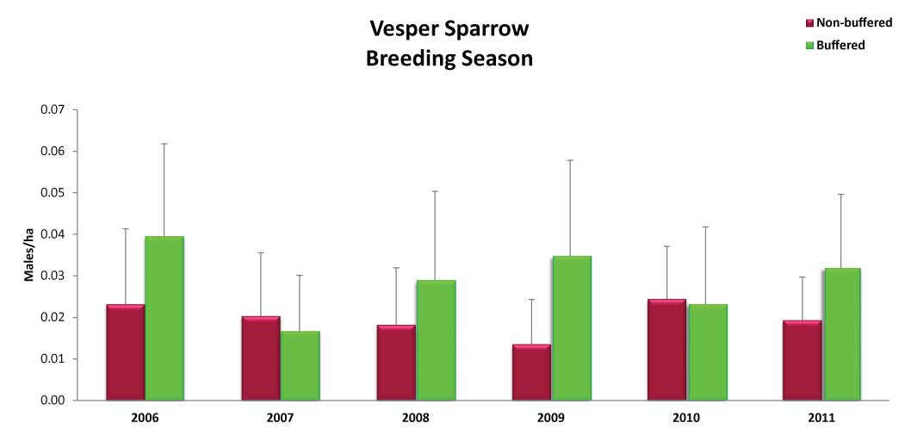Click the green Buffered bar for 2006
coord(164,318)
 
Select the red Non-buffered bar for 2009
coord(531,372)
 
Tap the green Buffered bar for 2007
coord(301,365)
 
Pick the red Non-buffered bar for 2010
coord(666,350)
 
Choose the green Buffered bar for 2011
coord(841,333)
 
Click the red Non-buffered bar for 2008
coord(396,363)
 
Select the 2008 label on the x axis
coord(416,418)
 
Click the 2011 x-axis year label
coord(821,418)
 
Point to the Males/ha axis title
coord(28,255)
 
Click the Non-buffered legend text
coord(854,23)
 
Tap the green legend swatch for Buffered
coord(809,46)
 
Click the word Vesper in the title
coord(402,30)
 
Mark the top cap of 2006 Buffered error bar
coord(164,143)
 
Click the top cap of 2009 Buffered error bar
coord(572,160)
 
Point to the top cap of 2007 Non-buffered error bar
coord(262,252)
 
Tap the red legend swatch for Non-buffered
coord(809,23)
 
